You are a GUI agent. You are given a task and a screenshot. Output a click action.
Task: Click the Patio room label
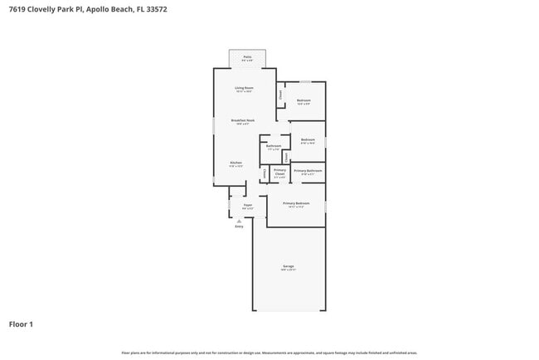[x=247, y=56]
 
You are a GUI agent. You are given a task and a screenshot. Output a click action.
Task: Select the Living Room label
[x=244, y=87]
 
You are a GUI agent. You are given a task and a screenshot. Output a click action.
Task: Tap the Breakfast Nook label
[x=243, y=119]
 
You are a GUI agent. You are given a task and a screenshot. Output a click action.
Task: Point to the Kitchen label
[x=236, y=162]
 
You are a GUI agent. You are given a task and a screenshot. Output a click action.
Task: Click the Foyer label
[x=247, y=204]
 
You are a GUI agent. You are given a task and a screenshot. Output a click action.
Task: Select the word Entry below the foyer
[x=239, y=226]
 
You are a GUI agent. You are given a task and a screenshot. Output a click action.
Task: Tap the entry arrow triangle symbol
[x=239, y=221]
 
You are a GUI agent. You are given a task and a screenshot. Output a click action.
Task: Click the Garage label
[x=288, y=266]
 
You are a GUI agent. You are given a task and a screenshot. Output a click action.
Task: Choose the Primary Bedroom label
[x=296, y=202]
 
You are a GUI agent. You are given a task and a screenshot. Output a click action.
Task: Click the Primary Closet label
[x=279, y=172]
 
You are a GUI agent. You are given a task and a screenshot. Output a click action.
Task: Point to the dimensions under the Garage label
[x=288, y=270]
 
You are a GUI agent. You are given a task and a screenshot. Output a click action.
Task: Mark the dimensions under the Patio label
[x=247, y=61]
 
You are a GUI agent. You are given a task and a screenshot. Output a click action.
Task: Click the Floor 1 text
[x=21, y=324]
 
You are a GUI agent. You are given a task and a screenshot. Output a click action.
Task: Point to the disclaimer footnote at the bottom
[x=269, y=353]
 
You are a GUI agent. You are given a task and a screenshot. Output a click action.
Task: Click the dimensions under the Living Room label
[x=244, y=91]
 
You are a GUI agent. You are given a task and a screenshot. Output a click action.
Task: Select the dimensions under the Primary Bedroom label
[x=296, y=207]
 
